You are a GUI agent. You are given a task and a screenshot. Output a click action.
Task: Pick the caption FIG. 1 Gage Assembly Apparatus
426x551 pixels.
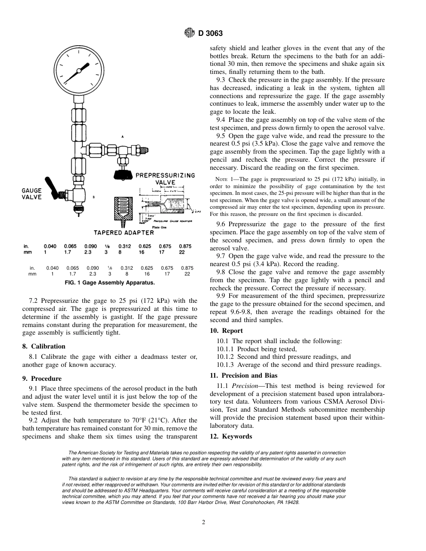point(110,283)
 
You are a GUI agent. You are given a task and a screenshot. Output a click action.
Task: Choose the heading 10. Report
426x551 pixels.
point(226,331)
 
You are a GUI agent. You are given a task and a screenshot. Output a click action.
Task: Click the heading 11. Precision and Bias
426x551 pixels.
point(243,375)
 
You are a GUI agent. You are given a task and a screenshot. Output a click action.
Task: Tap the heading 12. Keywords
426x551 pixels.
point(231,436)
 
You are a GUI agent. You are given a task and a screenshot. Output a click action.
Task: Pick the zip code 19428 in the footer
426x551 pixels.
point(291,502)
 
